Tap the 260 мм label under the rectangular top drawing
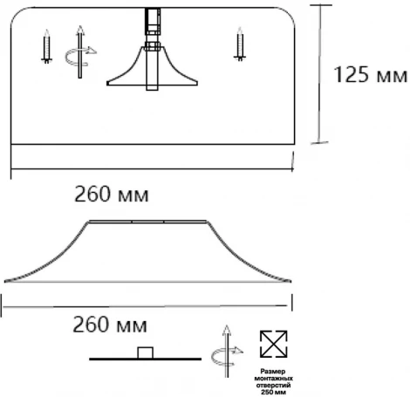[111, 195]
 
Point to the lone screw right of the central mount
[238, 44]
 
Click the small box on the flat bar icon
[146, 353]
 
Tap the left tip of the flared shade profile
[5, 281]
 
